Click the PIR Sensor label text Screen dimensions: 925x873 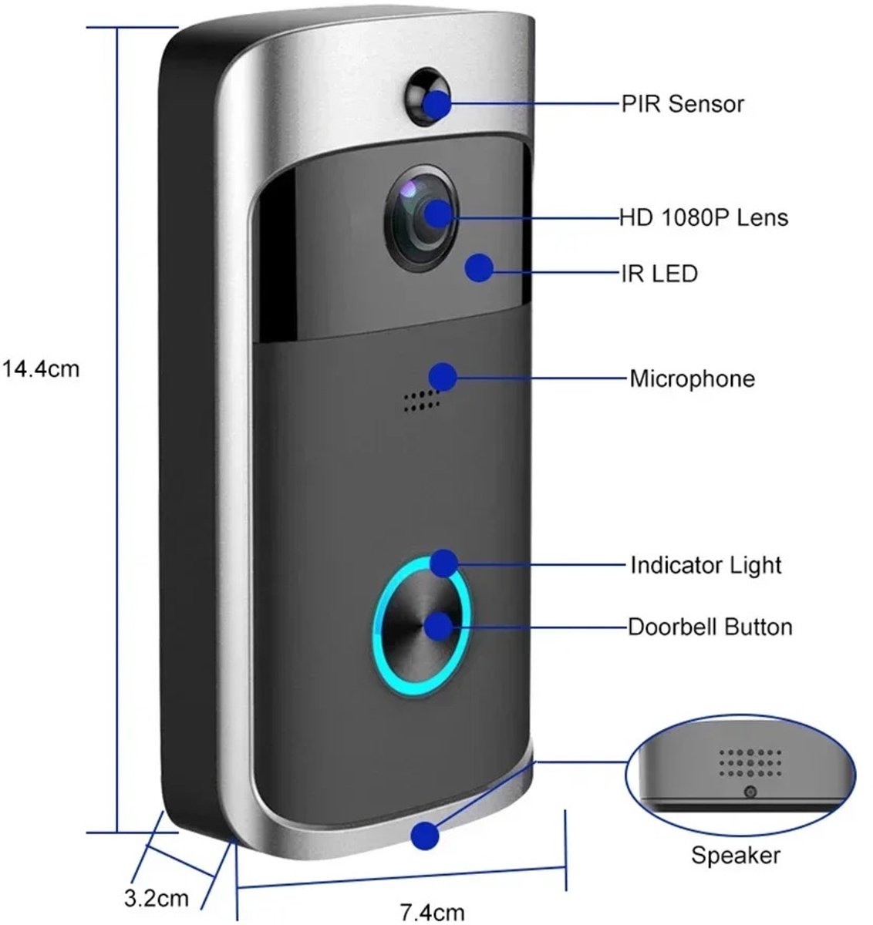coord(683,103)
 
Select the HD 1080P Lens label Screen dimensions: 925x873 coord(703,217)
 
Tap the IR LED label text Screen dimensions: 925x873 coord(659,273)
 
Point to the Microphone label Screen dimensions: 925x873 coord(692,378)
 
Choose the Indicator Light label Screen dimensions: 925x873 coord(706,565)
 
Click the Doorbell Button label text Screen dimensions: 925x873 coord(710,626)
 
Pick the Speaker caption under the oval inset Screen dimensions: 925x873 coord(735,855)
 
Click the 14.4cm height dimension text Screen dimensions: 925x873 coord(42,368)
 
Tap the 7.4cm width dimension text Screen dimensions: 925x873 coord(433,913)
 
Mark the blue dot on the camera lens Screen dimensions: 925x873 coord(437,213)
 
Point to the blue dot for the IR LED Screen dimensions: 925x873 coord(479,267)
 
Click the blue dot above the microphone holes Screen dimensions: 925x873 coord(442,376)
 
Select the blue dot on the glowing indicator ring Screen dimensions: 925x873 coord(443,563)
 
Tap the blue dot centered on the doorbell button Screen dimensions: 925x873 coord(440,625)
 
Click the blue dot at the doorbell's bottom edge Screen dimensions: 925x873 coord(425,836)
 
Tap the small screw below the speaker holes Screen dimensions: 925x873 coord(750,792)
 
